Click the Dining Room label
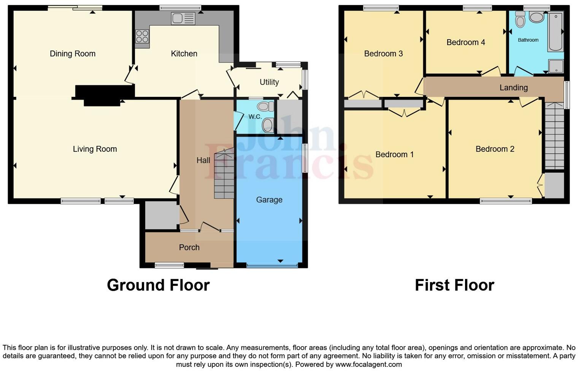[x=73, y=54]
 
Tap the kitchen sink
[x=183, y=18]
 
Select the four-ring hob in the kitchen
[x=142, y=36]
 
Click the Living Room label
[x=95, y=149]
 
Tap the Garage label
[x=269, y=200]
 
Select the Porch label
[x=189, y=248]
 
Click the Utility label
[x=269, y=82]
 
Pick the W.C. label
[x=255, y=117]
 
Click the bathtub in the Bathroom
[x=556, y=32]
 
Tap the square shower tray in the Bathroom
[x=556, y=66]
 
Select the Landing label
[x=513, y=88]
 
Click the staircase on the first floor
[x=554, y=136]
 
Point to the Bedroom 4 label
[x=465, y=43]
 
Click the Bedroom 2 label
[x=495, y=149]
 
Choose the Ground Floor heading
[x=158, y=285]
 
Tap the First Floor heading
[x=454, y=285]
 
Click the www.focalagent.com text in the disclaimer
[x=368, y=365]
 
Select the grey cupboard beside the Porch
[x=162, y=215]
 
